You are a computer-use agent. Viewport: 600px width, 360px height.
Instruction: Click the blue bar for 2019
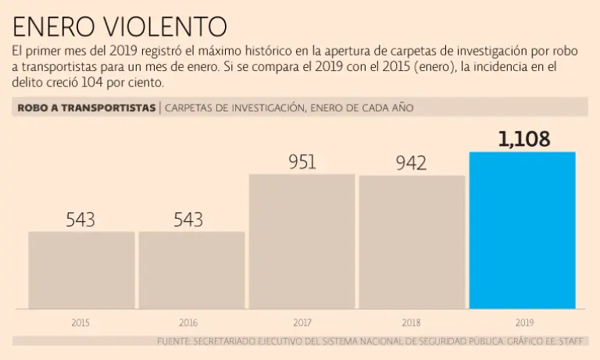pyautogui.click(x=522, y=230)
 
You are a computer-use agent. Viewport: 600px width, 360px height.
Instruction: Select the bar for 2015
pyautogui.click(x=81, y=270)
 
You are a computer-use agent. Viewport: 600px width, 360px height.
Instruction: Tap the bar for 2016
pyautogui.click(x=191, y=270)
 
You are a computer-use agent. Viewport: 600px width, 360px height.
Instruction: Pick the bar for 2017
pyautogui.click(x=302, y=241)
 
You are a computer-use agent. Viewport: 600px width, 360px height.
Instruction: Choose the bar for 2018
pyautogui.click(x=412, y=242)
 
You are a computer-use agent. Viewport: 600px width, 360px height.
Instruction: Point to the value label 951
pyautogui.click(x=302, y=162)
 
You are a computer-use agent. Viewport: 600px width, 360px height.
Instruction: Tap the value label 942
pyautogui.click(x=411, y=163)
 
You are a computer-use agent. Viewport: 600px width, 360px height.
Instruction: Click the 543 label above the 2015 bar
pyautogui.click(x=80, y=219)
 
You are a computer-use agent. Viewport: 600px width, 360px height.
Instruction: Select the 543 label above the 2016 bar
pyautogui.click(x=188, y=219)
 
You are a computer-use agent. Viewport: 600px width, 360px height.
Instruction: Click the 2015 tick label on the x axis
pyautogui.click(x=80, y=322)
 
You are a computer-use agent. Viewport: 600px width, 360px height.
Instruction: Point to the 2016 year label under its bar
pyautogui.click(x=188, y=322)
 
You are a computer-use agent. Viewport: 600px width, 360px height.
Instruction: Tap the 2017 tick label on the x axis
pyautogui.click(x=302, y=322)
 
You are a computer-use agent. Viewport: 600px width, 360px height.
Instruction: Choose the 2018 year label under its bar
pyautogui.click(x=411, y=322)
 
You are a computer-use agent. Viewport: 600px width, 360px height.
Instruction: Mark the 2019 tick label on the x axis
pyautogui.click(x=524, y=322)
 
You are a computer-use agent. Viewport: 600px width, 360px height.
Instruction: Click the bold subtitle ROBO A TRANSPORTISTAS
pyautogui.click(x=86, y=108)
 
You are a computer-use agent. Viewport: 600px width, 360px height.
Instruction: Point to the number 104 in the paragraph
pyautogui.click(x=91, y=83)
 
